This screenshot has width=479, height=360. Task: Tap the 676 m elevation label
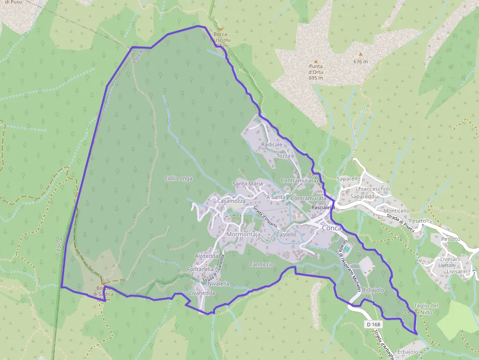(x=360, y=62)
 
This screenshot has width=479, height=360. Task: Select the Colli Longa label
(x=178, y=179)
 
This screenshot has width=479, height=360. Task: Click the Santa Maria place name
(x=248, y=184)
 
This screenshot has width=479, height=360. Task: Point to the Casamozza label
(x=231, y=201)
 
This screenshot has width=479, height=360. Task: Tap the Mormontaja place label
(x=243, y=234)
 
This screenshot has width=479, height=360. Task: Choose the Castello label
(x=286, y=234)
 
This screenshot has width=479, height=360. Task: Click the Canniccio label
(x=261, y=264)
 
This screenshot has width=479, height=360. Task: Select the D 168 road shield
(x=373, y=324)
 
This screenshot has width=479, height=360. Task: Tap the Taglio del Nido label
(x=426, y=309)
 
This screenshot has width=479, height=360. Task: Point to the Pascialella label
(x=323, y=208)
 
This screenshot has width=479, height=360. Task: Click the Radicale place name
(x=272, y=145)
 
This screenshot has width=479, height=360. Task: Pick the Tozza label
(x=283, y=156)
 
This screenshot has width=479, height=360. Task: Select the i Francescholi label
(x=372, y=189)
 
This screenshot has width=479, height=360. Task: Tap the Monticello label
(x=396, y=211)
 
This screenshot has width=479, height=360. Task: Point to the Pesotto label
(x=450, y=239)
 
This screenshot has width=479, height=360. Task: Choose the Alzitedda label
(x=207, y=256)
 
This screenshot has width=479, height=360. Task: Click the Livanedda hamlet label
(x=202, y=293)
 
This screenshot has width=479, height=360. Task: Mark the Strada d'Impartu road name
(x=265, y=218)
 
